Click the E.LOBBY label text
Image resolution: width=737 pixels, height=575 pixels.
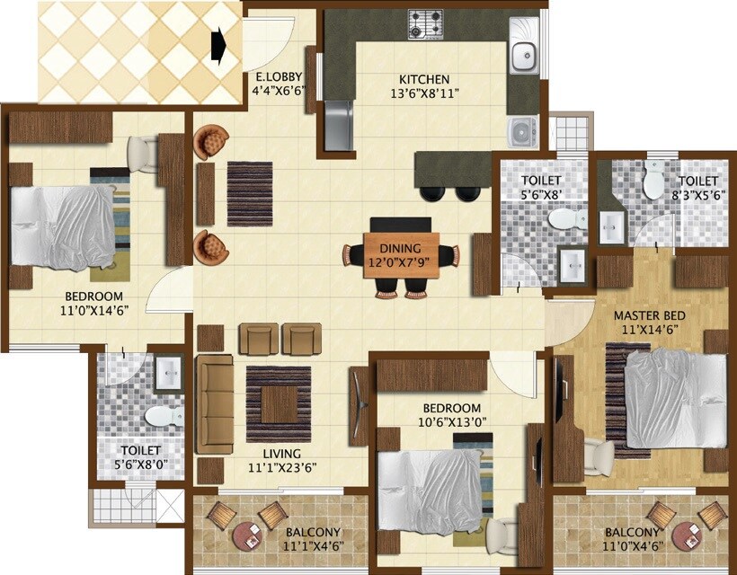(x=278, y=76)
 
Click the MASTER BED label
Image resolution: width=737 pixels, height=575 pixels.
(x=650, y=315)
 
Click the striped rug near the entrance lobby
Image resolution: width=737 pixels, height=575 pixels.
(x=249, y=193)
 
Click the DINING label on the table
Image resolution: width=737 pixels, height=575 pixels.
(x=400, y=249)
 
